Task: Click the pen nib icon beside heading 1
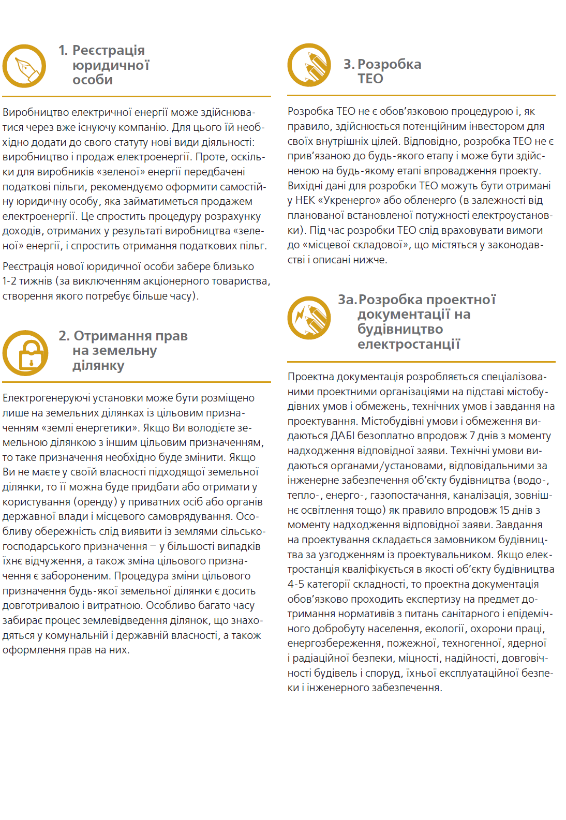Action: pyautogui.click(x=24, y=66)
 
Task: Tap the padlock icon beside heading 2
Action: pyautogui.click(x=25, y=353)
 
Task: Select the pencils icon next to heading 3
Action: pyautogui.click(x=309, y=65)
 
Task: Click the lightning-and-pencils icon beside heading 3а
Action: pyautogui.click(x=309, y=318)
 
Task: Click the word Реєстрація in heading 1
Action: pyautogui.click(x=108, y=50)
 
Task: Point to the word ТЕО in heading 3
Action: pyautogui.click(x=370, y=79)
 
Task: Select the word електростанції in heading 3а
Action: pyautogui.click(x=408, y=344)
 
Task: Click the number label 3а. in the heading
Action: pyautogui.click(x=347, y=300)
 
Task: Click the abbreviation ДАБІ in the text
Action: pyautogui.click(x=342, y=436)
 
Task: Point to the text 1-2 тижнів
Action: pyautogui.click(x=27, y=281)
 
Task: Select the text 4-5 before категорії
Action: pyautogui.click(x=298, y=584)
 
